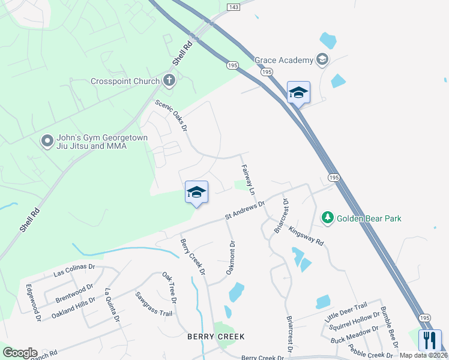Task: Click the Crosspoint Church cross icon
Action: (169, 81)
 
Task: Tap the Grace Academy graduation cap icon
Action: (322, 59)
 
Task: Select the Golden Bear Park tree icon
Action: (328, 217)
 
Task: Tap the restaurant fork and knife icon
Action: (429, 340)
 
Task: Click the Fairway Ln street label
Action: (248, 179)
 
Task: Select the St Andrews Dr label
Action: (245, 210)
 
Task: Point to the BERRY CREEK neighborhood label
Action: (215, 337)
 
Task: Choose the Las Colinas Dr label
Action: (74, 270)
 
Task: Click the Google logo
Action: (20, 353)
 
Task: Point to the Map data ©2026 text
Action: (423, 355)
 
